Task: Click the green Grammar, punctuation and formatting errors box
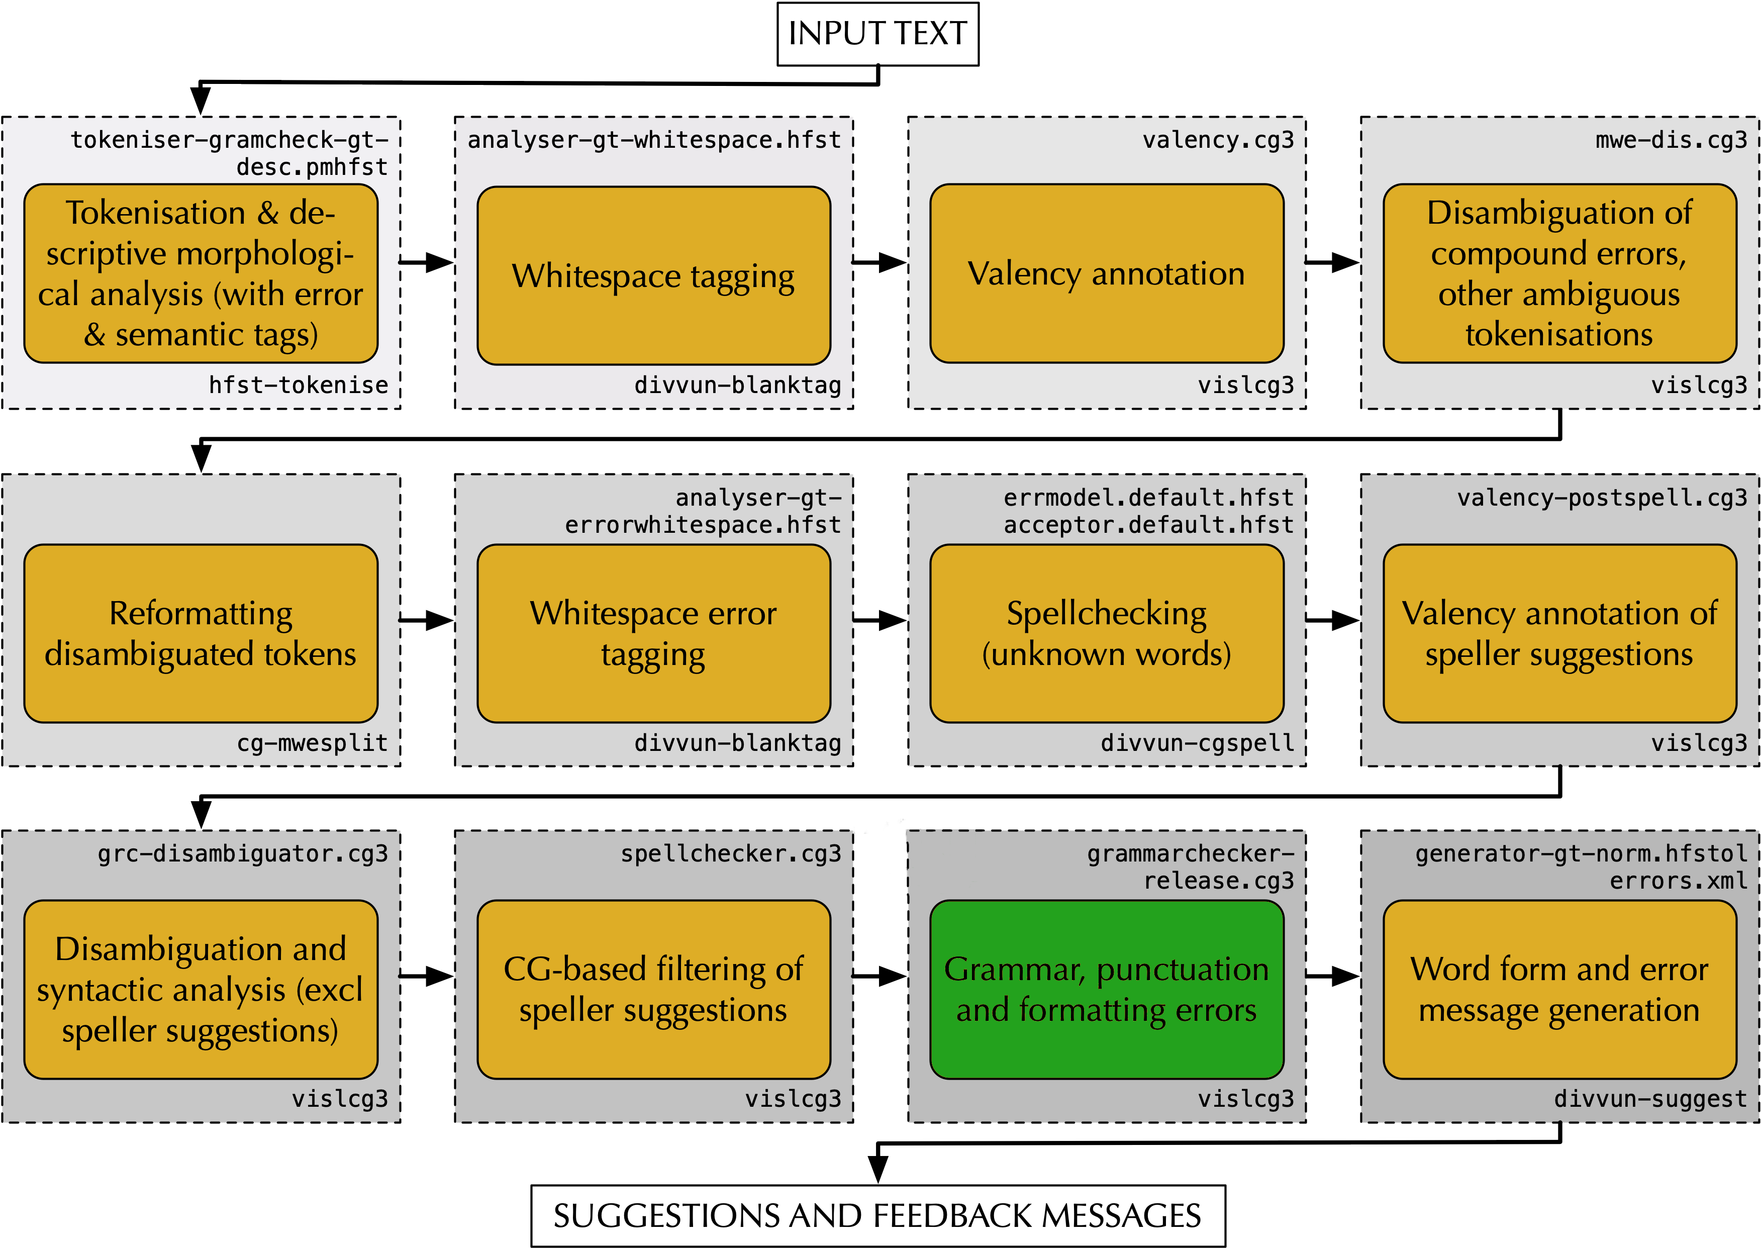(1106, 989)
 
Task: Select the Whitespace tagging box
(653, 275)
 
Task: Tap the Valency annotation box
(1106, 273)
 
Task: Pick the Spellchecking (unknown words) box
(1106, 633)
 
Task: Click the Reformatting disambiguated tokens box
(201, 633)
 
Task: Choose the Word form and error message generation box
(1559, 989)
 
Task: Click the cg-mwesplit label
(312, 743)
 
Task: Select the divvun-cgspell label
(1197, 743)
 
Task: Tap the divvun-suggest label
(1650, 1099)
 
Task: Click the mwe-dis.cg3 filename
(1671, 140)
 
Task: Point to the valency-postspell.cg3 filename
(1602, 498)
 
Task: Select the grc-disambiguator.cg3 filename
(243, 854)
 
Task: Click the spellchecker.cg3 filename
(731, 854)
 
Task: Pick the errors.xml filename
(1679, 881)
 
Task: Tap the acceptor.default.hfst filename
(1149, 525)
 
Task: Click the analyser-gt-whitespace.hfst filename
(654, 140)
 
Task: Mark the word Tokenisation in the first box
(155, 213)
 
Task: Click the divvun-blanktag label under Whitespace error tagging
(738, 743)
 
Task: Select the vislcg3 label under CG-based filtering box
(793, 1099)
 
